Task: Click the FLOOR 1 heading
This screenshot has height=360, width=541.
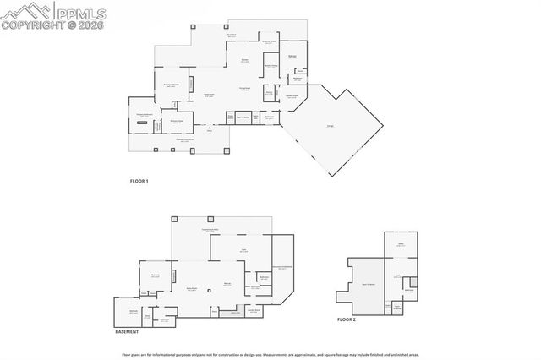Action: (139, 181)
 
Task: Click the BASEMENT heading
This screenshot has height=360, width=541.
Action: (126, 332)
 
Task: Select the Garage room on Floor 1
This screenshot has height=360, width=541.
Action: (329, 128)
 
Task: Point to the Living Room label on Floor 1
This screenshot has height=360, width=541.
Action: (208, 95)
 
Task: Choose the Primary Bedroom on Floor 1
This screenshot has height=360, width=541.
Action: (169, 85)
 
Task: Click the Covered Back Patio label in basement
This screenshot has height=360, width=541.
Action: (210, 230)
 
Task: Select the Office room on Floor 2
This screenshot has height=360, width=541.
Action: (402, 246)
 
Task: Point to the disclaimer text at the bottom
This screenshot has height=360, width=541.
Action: (270, 352)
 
